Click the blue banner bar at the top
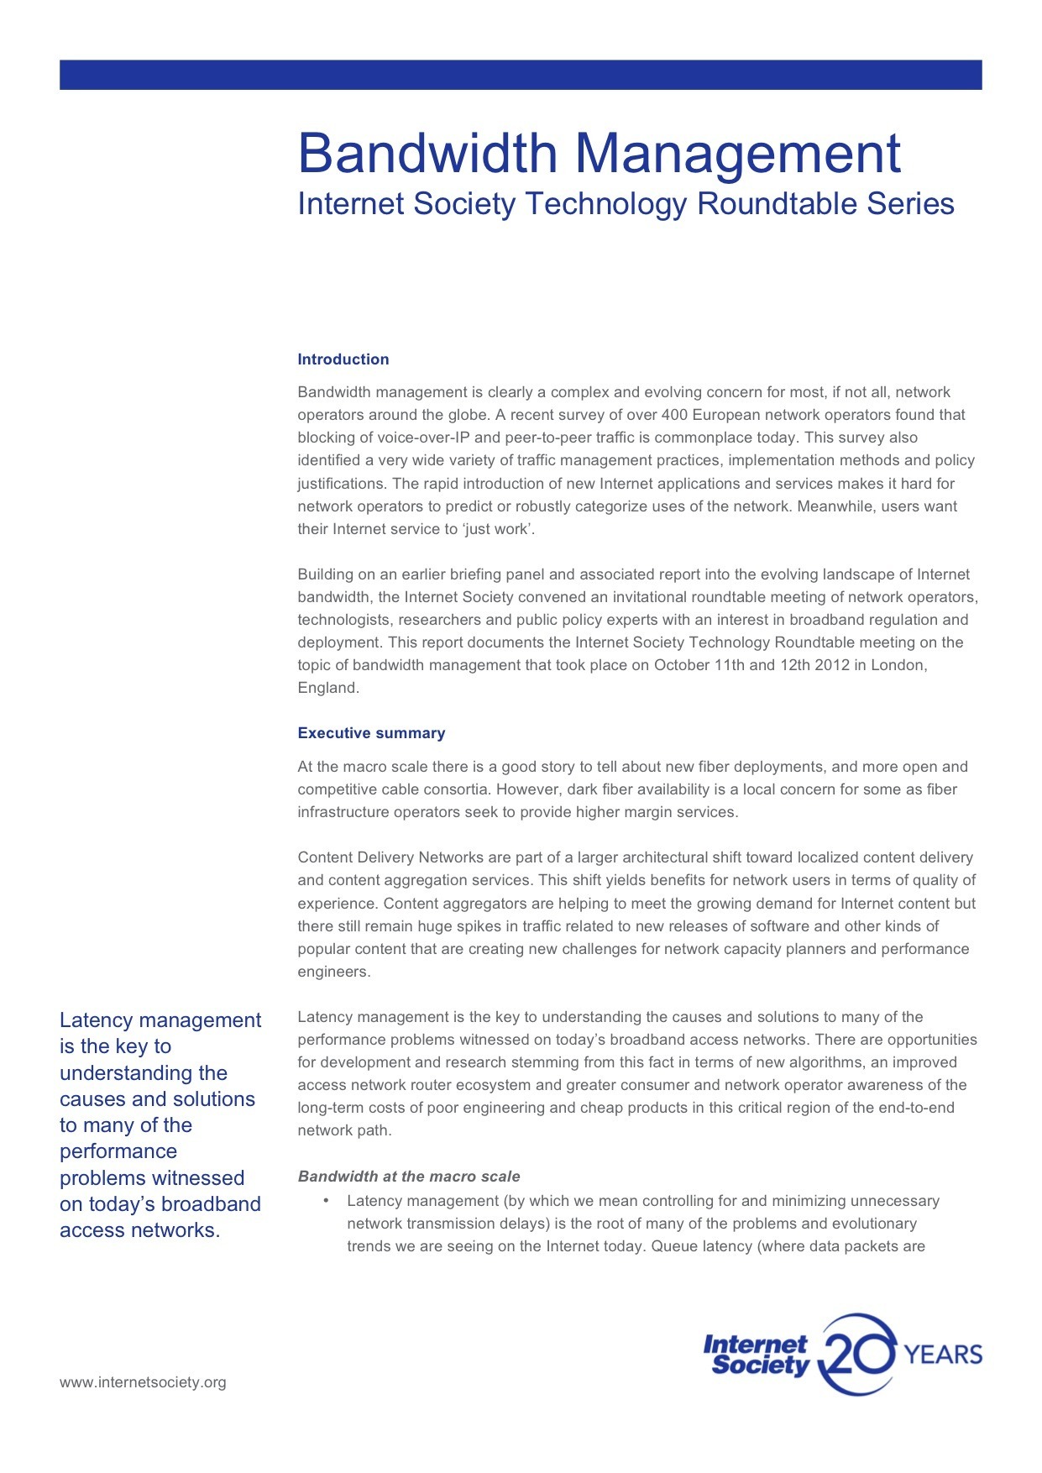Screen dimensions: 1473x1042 [x=521, y=75]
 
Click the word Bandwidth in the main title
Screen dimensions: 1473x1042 [x=427, y=154]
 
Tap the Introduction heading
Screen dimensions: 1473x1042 [x=343, y=359]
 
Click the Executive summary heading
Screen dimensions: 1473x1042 [x=371, y=733]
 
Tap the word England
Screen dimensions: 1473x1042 [x=327, y=688]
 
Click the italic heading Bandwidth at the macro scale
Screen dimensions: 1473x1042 [x=409, y=1177]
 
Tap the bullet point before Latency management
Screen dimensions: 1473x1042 [x=326, y=1200]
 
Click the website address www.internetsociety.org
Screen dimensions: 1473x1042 [x=143, y=1382]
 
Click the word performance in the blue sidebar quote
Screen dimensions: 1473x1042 [x=118, y=1151]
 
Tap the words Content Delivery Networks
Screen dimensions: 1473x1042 [x=390, y=857]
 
